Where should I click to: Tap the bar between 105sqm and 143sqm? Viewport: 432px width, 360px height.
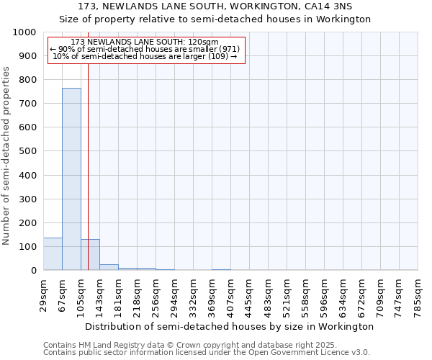coord(90,255)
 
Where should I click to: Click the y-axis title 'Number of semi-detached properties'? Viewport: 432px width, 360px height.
coord(7,156)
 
